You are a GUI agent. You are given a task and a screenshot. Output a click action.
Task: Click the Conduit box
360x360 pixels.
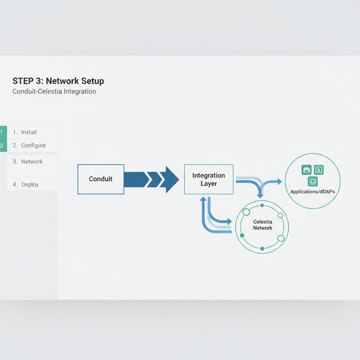101,179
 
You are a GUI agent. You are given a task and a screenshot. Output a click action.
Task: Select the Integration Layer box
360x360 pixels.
208,179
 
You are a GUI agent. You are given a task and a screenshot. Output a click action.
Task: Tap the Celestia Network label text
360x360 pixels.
262,225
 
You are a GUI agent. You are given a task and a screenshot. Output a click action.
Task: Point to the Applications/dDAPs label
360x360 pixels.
313,192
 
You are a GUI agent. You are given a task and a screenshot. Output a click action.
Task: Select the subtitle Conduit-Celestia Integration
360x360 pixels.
54,92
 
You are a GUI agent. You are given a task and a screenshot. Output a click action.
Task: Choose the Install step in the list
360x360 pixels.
29,132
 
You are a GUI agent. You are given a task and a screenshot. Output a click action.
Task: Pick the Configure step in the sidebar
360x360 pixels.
33,146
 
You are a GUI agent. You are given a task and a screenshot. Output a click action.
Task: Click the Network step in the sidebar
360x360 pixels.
32,162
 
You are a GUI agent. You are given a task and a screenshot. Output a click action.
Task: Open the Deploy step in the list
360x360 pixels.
30,185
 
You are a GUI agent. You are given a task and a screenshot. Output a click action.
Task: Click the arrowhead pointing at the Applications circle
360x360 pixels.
279,181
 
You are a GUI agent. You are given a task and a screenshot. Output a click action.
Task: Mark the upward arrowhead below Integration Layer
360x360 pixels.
203,199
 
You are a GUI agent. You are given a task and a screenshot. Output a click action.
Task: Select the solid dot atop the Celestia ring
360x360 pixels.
262,205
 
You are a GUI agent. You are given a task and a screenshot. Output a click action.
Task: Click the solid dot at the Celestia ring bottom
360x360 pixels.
262,249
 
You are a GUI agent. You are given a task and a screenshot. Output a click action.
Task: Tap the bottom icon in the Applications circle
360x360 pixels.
313,181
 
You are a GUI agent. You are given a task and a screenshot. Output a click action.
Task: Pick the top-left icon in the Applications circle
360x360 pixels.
307,170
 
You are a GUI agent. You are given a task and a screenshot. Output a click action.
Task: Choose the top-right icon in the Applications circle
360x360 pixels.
319,170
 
